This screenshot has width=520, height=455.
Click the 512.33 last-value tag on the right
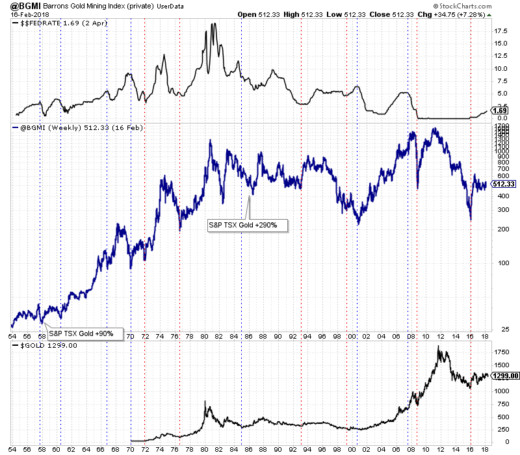(x=503, y=184)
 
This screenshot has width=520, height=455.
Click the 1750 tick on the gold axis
(x=501, y=352)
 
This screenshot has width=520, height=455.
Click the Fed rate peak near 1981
(x=214, y=24)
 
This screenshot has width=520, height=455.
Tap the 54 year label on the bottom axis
(x=12, y=337)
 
